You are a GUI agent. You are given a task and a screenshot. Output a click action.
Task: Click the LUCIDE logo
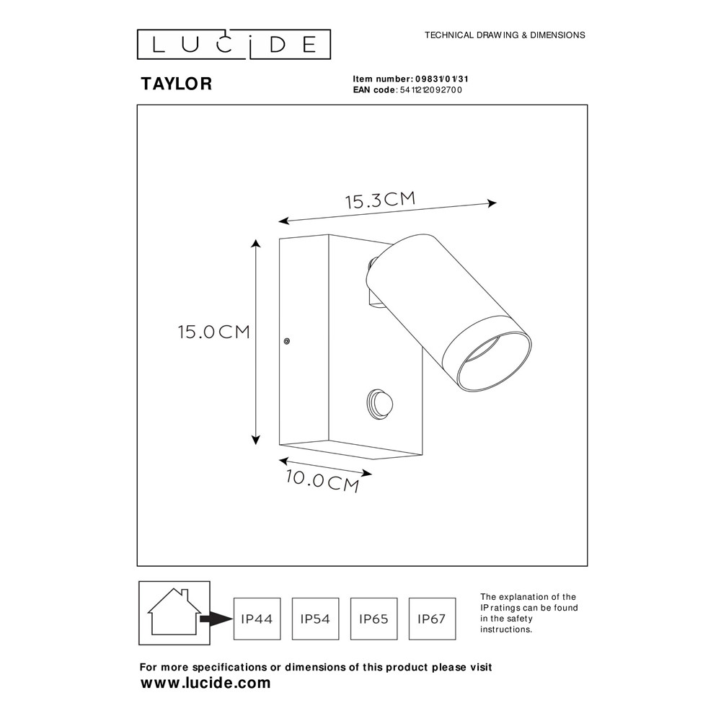click(234, 45)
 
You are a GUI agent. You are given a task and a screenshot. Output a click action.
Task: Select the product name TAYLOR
click(177, 84)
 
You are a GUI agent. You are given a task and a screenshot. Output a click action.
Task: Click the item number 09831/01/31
click(442, 79)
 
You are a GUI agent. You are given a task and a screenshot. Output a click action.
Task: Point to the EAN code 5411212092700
click(431, 90)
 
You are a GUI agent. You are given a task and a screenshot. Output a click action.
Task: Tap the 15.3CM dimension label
click(381, 200)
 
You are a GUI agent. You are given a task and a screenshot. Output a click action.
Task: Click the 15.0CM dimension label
click(214, 332)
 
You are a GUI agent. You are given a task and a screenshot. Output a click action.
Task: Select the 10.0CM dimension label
click(322, 480)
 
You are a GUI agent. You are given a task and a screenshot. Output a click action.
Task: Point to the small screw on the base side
click(286, 341)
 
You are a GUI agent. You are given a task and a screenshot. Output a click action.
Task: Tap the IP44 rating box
click(257, 619)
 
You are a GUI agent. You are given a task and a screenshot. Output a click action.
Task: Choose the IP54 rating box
click(316, 619)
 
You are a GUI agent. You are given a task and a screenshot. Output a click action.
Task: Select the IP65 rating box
click(373, 619)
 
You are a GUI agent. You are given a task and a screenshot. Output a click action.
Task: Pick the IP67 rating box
click(432, 619)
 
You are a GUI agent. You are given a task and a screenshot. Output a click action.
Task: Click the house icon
click(174, 612)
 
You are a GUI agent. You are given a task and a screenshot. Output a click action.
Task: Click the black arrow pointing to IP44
click(216, 619)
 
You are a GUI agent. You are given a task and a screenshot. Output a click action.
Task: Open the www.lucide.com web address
click(205, 684)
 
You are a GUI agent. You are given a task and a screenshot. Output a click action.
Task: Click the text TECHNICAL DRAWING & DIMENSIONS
click(505, 35)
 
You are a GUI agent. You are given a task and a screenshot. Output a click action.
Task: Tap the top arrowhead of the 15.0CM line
click(256, 244)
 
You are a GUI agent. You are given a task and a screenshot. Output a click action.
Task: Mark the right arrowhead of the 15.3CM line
click(492, 203)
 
